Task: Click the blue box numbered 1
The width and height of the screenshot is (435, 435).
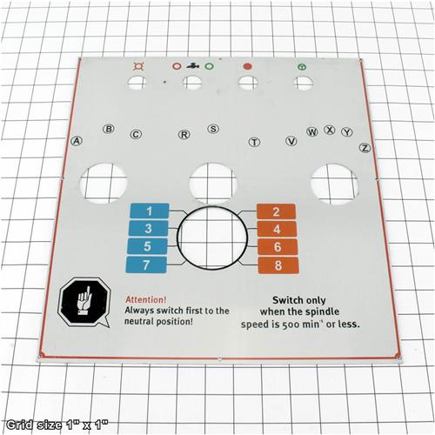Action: click(x=150, y=211)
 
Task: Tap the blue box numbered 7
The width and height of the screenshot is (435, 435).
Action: click(x=146, y=265)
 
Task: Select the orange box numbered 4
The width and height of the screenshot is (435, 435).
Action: click(x=277, y=229)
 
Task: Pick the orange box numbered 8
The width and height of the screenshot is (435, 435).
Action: click(x=278, y=265)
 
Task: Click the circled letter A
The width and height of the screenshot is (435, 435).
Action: click(x=77, y=141)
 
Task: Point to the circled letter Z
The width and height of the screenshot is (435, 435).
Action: click(x=365, y=148)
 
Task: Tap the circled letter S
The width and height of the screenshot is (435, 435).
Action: click(x=213, y=129)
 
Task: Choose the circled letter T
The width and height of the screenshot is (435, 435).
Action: click(x=254, y=142)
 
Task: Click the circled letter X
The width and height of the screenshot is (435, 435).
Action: click(x=330, y=130)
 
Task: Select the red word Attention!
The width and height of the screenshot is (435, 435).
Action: click(x=146, y=300)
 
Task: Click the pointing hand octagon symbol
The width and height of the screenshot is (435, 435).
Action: click(x=84, y=302)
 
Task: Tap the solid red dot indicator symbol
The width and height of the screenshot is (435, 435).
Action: click(x=247, y=66)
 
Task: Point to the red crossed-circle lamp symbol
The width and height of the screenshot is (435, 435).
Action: click(x=138, y=66)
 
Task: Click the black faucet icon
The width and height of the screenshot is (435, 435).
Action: click(x=192, y=66)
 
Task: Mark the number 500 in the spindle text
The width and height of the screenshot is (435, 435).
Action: click(x=291, y=324)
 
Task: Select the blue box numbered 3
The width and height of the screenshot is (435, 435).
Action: click(x=148, y=229)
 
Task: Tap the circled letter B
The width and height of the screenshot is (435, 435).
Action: click(x=109, y=129)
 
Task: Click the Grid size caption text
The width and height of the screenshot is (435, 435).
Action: click(x=57, y=425)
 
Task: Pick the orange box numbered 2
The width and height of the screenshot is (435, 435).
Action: click(x=276, y=211)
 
